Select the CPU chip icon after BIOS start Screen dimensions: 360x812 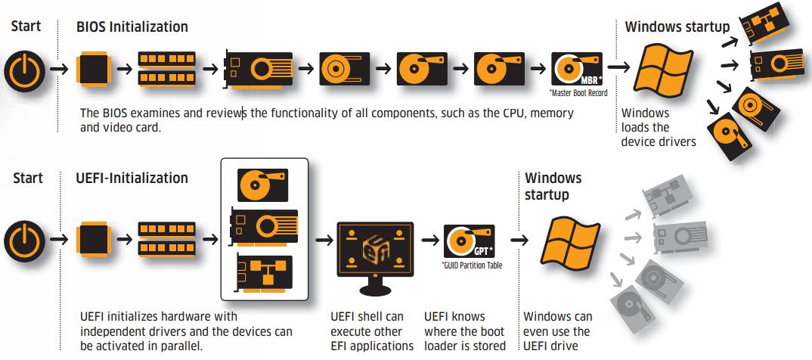pos(94,70)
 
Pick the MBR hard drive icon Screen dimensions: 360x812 pos(576,70)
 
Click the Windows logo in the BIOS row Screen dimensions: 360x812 pos(663,70)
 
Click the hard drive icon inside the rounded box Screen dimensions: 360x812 pos(263,185)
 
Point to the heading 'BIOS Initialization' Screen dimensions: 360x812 pos(132,27)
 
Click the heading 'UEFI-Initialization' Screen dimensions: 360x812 pos(132,178)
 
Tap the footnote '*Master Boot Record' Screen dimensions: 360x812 pos(578,94)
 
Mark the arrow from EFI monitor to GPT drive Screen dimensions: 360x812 pos(430,240)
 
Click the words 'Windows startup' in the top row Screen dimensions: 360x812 pos(677,27)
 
